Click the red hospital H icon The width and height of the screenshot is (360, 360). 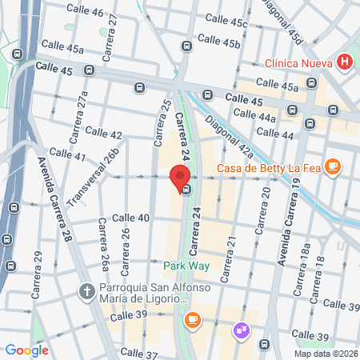345,62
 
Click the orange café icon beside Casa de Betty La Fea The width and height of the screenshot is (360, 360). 334,168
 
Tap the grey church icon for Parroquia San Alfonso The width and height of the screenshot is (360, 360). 89,289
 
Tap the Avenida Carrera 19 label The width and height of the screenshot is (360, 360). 289,219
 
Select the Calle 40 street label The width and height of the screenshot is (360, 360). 130,218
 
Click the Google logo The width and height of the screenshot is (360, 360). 26,350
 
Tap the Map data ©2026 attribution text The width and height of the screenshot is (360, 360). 326,354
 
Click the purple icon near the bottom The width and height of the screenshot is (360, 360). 239,330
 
